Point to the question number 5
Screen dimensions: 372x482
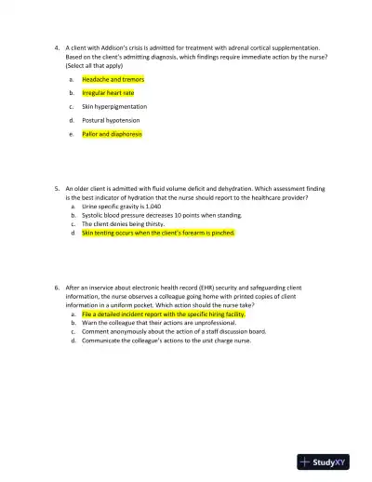tap(58, 187)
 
